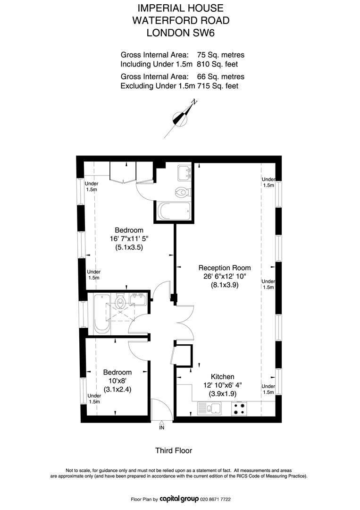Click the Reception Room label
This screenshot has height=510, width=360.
(x=225, y=268)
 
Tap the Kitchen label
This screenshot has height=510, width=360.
(x=223, y=377)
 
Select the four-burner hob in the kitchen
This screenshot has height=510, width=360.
(x=239, y=408)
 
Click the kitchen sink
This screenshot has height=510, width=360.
(x=209, y=408)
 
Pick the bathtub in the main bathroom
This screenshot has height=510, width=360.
(x=101, y=314)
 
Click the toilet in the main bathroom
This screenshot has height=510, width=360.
(x=120, y=301)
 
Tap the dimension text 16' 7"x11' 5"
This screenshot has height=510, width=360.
(x=129, y=239)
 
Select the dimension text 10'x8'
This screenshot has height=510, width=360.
(x=117, y=381)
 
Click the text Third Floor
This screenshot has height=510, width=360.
(x=174, y=450)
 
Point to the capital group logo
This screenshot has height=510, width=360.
(x=179, y=499)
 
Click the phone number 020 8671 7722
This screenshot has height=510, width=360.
(x=216, y=499)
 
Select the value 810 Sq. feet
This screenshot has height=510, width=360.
(x=218, y=64)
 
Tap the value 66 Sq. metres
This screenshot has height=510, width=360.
(x=221, y=77)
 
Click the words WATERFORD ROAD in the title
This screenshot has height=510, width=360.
(x=181, y=20)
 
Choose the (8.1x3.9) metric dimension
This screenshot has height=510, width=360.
(x=225, y=285)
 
